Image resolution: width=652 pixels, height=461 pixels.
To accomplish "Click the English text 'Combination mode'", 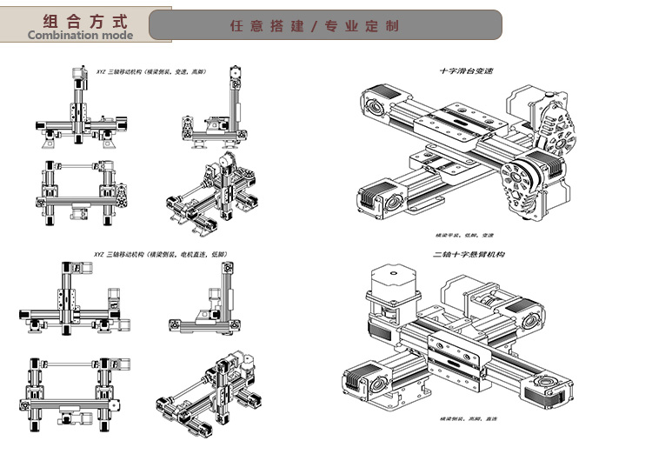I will click(80, 36).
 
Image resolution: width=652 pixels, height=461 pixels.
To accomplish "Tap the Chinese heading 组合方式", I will click(79, 20).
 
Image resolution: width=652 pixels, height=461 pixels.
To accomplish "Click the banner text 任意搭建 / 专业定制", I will click(314, 26).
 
